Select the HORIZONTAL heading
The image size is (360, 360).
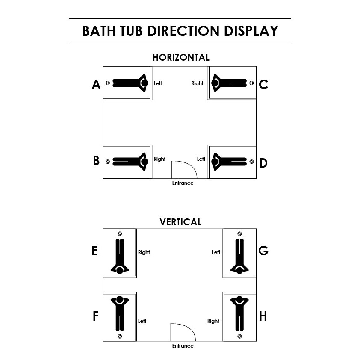[181, 57]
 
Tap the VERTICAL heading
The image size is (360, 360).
[180, 222]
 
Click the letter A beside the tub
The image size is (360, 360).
[96, 85]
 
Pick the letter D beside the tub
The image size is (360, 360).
[263, 163]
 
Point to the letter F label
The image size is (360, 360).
[96, 316]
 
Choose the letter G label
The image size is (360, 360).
[263, 251]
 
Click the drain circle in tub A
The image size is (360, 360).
[108, 83]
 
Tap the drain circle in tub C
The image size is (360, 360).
[251, 83]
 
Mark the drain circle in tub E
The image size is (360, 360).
[120, 233]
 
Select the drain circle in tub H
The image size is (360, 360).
[239, 336]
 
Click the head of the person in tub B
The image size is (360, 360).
[145, 161]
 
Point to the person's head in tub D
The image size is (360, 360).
[215, 161]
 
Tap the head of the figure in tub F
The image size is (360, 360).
[120, 299]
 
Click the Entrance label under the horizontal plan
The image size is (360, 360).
[183, 183]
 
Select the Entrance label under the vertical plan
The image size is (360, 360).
[183, 346]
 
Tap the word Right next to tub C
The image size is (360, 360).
[198, 83]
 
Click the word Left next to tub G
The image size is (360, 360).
[216, 252]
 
